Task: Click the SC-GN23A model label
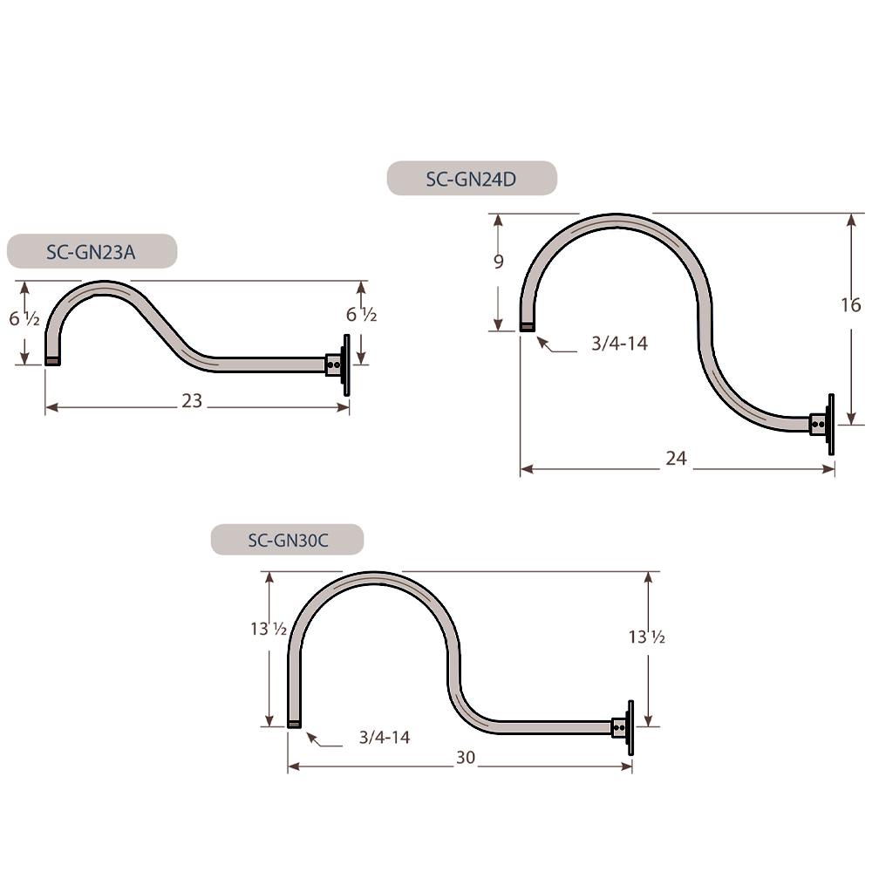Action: (x=92, y=251)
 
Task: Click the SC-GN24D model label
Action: (x=472, y=179)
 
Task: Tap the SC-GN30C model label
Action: (x=288, y=540)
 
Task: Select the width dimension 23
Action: (x=192, y=400)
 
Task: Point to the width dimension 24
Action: (x=676, y=458)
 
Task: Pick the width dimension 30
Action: (x=466, y=758)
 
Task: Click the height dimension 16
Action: (x=851, y=304)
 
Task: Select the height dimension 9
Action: (x=499, y=262)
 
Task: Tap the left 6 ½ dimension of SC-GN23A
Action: (x=24, y=319)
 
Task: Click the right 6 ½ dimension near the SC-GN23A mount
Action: (x=361, y=315)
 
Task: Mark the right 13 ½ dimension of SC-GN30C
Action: (x=647, y=637)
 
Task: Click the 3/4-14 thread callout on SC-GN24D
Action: (x=619, y=344)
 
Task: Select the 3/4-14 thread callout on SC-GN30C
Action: (x=385, y=737)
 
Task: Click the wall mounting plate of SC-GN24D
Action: (x=830, y=424)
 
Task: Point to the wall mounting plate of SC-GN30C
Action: (x=629, y=726)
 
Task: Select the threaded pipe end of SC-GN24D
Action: (x=527, y=327)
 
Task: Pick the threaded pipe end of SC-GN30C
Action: (x=295, y=723)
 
